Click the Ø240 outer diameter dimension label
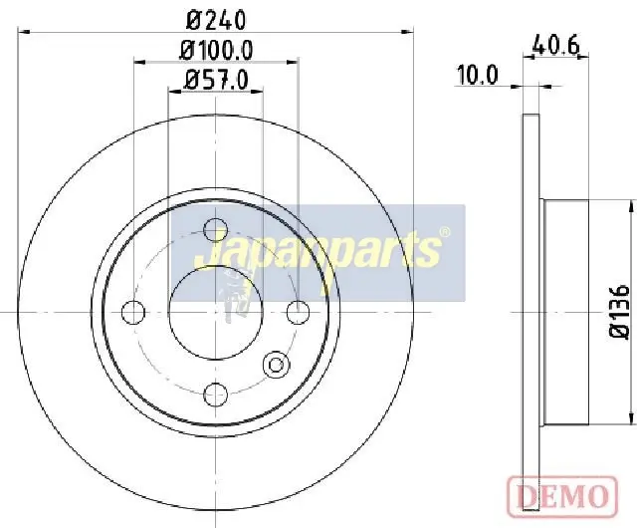(x=216, y=20)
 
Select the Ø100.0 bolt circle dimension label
(x=216, y=51)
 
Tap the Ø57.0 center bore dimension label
(x=215, y=80)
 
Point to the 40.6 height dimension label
(x=555, y=45)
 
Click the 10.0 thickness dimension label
(x=478, y=76)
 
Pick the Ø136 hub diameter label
(x=619, y=311)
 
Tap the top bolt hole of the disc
(x=215, y=230)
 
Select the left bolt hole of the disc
(x=132, y=313)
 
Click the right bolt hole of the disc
(x=298, y=313)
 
